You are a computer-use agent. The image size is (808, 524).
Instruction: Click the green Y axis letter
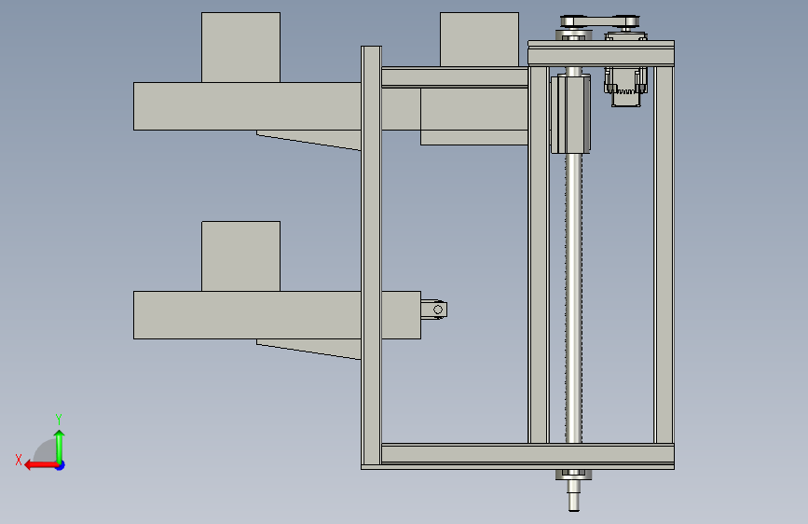click(x=59, y=419)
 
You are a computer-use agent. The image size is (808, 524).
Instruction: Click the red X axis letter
click(x=19, y=460)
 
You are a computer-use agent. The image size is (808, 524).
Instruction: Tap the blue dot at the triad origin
click(x=61, y=465)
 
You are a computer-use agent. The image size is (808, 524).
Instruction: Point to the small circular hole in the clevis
click(x=438, y=310)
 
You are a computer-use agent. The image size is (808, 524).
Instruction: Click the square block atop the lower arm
click(x=240, y=256)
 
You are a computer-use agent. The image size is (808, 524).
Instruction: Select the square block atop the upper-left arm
click(x=240, y=48)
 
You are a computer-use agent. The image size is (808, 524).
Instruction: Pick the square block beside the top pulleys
click(x=479, y=39)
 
